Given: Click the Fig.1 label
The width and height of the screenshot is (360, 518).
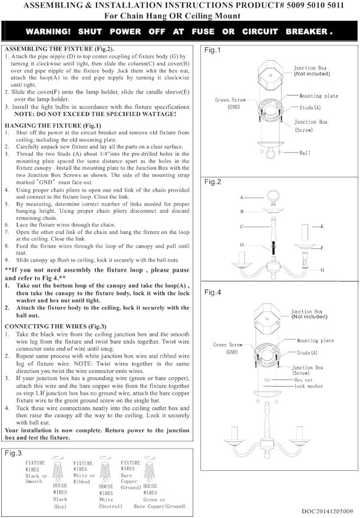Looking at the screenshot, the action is [212, 50].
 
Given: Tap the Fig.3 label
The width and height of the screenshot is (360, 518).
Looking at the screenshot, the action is [13, 453].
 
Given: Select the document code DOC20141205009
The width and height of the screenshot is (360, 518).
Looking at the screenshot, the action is [328, 512].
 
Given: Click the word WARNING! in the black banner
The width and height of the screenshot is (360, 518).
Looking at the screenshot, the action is [48, 32].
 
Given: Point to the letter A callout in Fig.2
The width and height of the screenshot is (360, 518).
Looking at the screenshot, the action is [242, 197].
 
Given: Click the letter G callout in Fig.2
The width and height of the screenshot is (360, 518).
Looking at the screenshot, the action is [322, 270].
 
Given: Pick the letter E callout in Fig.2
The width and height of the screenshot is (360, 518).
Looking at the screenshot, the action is [322, 227].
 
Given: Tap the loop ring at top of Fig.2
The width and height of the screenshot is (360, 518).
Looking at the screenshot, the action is [273, 197].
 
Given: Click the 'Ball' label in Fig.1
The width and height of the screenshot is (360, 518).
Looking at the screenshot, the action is [305, 153].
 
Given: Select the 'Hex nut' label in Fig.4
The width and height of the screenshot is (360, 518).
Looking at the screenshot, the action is [303, 380].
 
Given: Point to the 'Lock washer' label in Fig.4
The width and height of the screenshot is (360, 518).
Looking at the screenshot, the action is [309, 386].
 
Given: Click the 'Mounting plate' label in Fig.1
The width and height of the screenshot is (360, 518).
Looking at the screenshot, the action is [319, 96].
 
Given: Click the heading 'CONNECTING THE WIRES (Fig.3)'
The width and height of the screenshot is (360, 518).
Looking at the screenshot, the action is [55, 326].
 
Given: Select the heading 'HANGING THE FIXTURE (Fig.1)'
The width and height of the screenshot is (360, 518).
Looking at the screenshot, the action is [53, 126].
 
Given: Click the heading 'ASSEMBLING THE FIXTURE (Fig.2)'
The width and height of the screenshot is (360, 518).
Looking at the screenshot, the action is [60, 49].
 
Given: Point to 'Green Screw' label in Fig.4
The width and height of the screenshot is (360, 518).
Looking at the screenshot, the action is [227, 345].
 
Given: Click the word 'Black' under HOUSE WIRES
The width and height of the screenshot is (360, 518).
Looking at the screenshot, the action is [60, 499].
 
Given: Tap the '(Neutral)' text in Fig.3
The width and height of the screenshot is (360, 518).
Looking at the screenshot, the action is [111, 506].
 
